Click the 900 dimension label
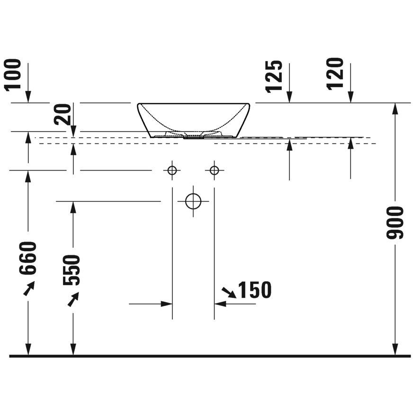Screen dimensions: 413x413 pyautogui.click(x=395, y=223)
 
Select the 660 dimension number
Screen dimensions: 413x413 pyautogui.click(x=27, y=258)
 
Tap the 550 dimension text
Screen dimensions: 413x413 pyautogui.click(x=72, y=269)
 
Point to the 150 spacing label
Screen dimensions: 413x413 pyautogui.click(x=254, y=289)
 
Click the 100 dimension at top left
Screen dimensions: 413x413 pyautogui.click(x=13, y=74)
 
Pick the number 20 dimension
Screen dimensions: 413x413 pyautogui.click(x=63, y=114)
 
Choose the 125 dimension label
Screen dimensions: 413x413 pyautogui.click(x=274, y=77)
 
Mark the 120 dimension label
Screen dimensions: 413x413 pyautogui.click(x=335, y=74)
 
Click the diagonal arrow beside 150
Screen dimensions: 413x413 pyautogui.click(x=229, y=293)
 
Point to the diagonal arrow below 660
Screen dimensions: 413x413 pyautogui.click(x=29, y=288)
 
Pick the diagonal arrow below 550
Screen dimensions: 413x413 pyautogui.click(x=73, y=299)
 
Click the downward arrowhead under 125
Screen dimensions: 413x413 pyautogui.click(x=289, y=97)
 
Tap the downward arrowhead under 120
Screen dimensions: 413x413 pyautogui.click(x=350, y=97)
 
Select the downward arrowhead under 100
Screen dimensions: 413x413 pyautogui.click(x=28, y=97)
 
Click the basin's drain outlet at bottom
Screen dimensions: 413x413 pyautogui.click(x=194, y=137)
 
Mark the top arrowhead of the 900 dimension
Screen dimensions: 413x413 pyautogui.click(x=395, y=109)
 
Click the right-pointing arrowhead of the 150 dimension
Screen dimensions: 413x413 pyautogui.click(x=166, y=304)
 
